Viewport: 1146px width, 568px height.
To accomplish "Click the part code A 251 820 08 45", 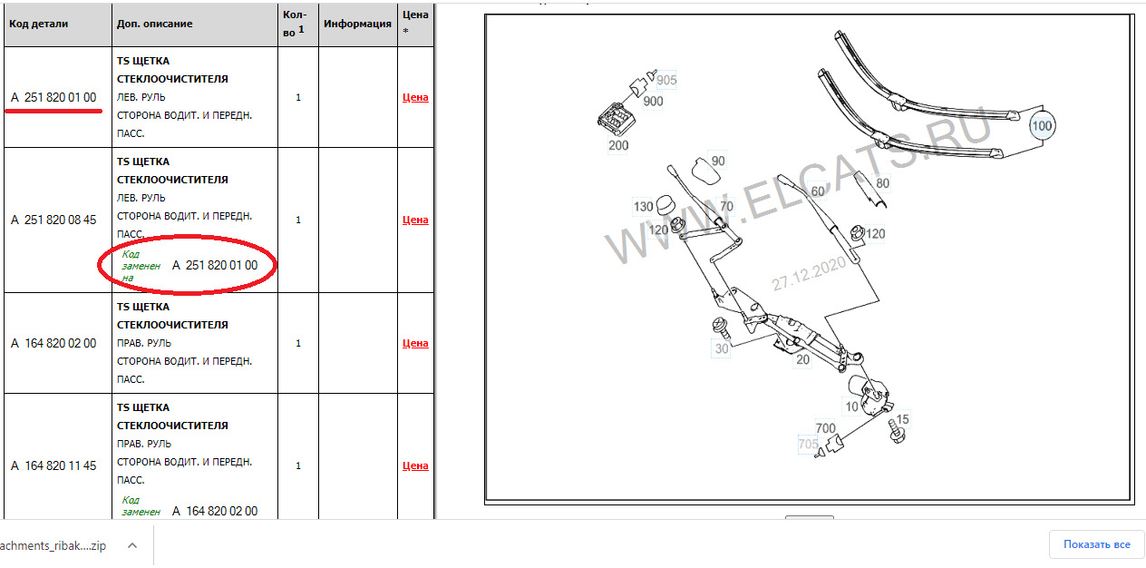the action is tap(53, 220).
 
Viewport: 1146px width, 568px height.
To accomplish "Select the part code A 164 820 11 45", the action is tap(53, 465).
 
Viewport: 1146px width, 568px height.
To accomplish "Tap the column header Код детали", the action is tap(38, 24).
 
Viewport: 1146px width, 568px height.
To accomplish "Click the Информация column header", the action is tap(357, 24).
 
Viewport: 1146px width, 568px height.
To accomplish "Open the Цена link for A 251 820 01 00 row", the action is tap(415, 97).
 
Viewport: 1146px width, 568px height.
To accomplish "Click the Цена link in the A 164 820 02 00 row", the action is tap(415, 343).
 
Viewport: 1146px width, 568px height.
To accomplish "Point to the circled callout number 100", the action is tap(1042, 126).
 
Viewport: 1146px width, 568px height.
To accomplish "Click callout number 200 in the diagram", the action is tap(618, 145).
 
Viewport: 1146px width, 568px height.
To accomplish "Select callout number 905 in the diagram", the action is tap(666, 80).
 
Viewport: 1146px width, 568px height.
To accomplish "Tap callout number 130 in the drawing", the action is tap(643, 206).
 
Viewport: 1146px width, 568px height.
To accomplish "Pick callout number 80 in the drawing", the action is tap(882, 183).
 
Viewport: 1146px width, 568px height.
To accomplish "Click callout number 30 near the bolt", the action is tap(722, 348).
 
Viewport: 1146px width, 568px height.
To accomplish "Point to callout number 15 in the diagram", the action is tap(902, 419).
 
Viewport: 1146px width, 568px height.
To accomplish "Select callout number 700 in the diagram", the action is tap(825, 428).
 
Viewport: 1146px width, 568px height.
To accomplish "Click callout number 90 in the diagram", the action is tap(718, 161).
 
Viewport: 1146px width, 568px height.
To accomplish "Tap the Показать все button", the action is tap(1096, 544).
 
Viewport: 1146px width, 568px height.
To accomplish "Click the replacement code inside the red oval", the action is tap(215, 265).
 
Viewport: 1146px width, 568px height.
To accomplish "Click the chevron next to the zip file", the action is tap(132, 545).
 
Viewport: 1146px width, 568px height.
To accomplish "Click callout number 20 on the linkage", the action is tap(802, 359).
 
